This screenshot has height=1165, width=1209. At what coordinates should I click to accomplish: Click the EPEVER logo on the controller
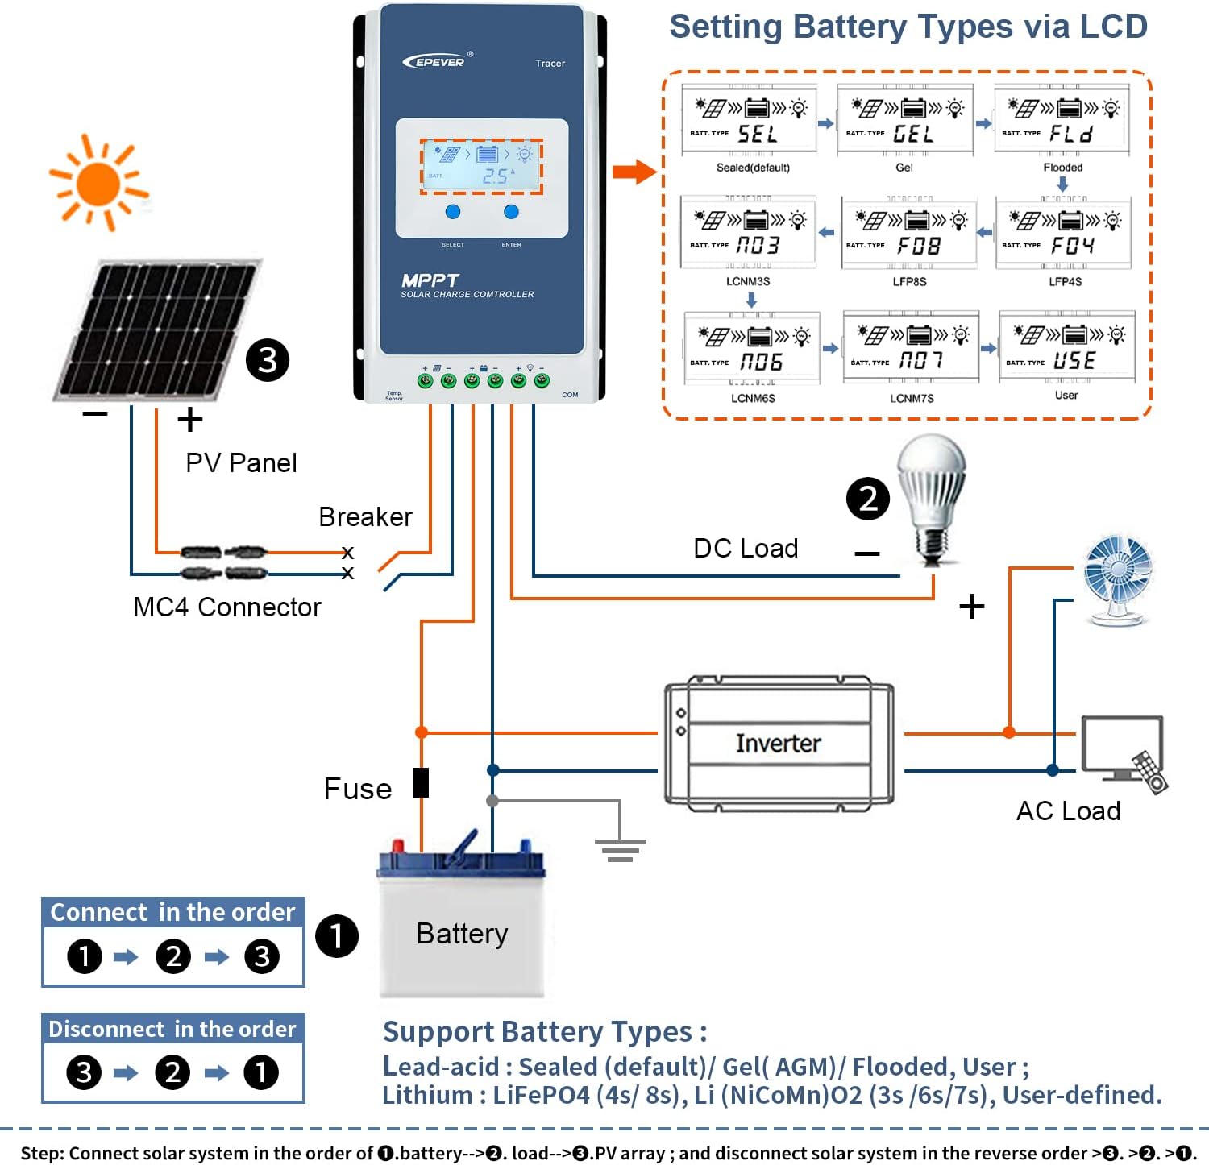coord(436,61)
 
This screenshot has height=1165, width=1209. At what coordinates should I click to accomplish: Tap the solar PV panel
coord(155,330)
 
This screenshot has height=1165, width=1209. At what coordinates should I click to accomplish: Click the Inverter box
coord(779,743)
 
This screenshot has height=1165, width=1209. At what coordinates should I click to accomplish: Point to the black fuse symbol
coord(421,782)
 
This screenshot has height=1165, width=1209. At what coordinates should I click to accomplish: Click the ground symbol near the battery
coord(620,848)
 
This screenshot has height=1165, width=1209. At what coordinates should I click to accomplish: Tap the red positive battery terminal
coord(397,846)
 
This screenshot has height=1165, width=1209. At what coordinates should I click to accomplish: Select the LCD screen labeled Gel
coord(904,119)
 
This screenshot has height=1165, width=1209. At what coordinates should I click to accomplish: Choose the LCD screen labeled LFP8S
coord(909,232)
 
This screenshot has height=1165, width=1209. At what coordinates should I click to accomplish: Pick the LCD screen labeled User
coord(1067,347)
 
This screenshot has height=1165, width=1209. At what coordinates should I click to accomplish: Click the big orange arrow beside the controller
coord(634,172)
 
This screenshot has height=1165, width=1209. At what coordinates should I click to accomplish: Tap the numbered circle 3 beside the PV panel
coord(268,360)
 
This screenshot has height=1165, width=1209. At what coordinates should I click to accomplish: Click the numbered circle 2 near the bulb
coord(868,499)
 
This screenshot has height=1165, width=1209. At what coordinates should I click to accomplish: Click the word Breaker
coord(365,516)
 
